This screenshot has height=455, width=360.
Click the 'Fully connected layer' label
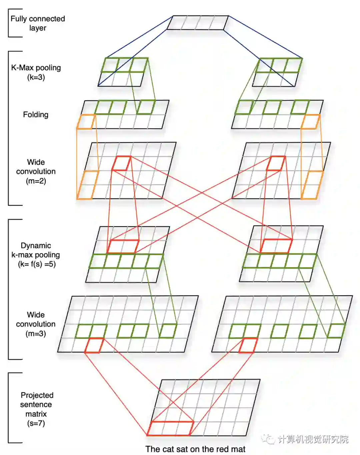(37, 23)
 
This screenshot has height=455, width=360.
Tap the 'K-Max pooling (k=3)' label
(36, 72)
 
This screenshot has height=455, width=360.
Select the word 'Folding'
(36, 115)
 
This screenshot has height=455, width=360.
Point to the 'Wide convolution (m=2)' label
(36, 171)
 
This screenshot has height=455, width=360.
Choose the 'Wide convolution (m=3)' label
(36, 324)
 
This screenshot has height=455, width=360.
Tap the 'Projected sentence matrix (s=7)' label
(36, 409)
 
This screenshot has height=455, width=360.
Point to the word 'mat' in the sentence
(238, 449)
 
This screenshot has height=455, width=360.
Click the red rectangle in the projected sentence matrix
(170, 428)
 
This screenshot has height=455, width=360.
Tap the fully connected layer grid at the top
(197, 23)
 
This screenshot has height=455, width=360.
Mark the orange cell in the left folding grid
(86, 122)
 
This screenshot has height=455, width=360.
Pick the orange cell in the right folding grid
(310, 122)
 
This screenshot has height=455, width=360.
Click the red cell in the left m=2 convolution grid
(121, 163)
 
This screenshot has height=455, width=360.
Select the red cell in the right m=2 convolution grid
(276, 163)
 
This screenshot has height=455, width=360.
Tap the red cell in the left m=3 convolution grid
(94, 345)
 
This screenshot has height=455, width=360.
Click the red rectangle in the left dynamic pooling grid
(123, 246)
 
